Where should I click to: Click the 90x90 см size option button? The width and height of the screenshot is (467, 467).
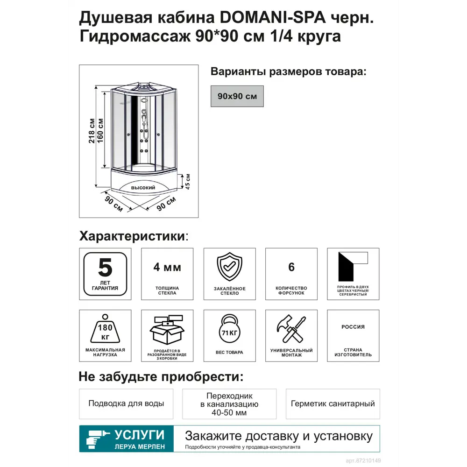[237, 96]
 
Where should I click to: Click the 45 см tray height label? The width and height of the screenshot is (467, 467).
[188, 182]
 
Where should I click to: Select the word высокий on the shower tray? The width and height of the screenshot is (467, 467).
[143, 188]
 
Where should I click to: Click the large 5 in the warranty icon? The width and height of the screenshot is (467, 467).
[105, 268]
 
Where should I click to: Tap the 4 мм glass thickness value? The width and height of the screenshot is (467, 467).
[167, 268]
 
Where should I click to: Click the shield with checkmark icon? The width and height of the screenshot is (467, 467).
[229, 268]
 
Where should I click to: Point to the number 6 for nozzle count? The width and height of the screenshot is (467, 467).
[291, 267]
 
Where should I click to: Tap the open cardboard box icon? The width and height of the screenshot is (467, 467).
[167, 330]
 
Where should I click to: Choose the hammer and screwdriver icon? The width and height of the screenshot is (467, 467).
[291, 330]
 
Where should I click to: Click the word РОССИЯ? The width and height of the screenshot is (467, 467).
[353, 327]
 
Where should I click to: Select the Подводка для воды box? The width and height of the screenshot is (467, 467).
[126, 403]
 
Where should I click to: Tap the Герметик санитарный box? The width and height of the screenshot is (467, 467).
[333, 403]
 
